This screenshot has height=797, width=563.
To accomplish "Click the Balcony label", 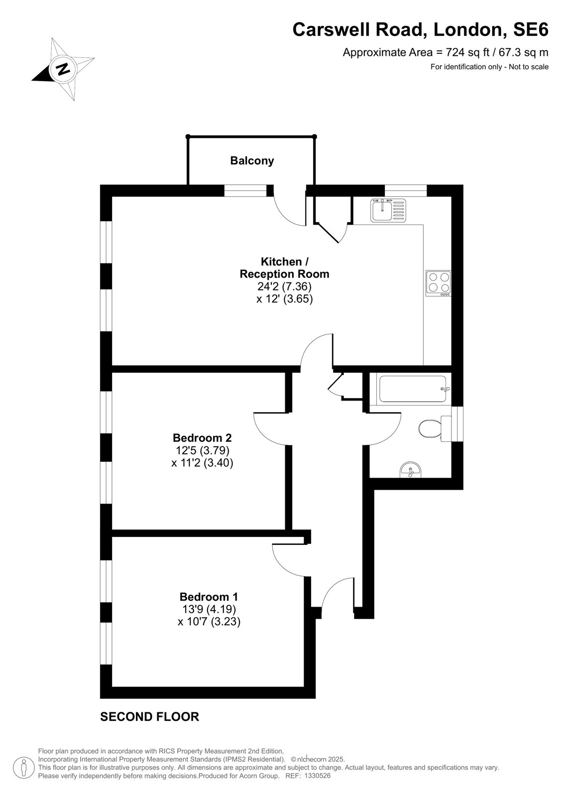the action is (x=252, y=161).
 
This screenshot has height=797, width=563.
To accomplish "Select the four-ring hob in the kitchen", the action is (x=438, y=283).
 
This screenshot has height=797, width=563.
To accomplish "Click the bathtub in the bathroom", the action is (x=413, y=389).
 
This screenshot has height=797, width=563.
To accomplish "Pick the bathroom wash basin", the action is (x=411, y=470).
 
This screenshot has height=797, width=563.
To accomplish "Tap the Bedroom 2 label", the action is (x=202, y=437).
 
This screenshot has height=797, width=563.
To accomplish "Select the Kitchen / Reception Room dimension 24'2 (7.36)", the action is (x=284, y=286).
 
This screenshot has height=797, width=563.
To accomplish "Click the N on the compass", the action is (x=63, y=69).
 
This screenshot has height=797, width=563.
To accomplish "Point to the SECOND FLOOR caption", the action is (x=149, y=717).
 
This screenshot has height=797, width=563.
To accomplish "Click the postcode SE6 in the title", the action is (x=531, y=30).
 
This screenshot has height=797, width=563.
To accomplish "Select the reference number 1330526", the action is (x=317, y=776).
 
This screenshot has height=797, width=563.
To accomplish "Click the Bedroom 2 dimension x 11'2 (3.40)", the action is (x=202, y=463).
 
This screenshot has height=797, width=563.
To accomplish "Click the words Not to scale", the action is (x=529, y=67).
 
